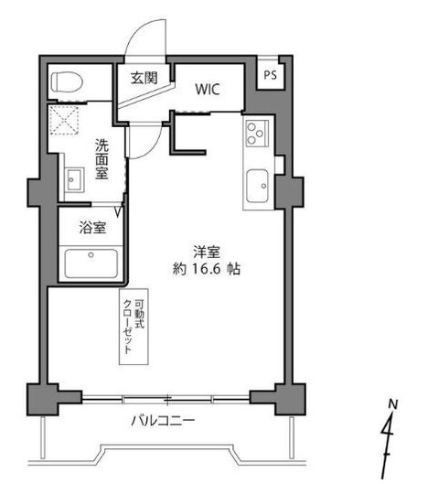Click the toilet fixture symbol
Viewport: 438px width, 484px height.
click(67, 81)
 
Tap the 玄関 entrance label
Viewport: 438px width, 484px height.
click(144, 78)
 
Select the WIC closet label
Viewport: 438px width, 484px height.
click(208, 90)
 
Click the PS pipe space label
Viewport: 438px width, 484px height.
click(270, 75)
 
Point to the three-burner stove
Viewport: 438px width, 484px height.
click(257, 133)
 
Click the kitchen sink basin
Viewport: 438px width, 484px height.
click(257, 186)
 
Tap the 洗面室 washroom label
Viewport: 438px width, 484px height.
click(101, 159)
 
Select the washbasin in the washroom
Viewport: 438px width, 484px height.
click(74, 180)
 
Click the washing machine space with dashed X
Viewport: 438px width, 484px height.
click(64, 120)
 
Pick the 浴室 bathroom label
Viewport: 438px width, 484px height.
click(92, 228)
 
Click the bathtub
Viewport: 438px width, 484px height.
click(91, 264)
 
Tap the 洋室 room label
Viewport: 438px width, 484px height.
click(207, 252)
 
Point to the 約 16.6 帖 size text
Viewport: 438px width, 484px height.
click(207, 269)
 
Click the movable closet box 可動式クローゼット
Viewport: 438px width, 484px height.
click(134, 327)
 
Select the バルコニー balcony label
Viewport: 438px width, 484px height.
click(163, 421)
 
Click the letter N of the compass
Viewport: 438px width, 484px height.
click(392, 404)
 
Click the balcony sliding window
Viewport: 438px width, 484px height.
click(166, 400)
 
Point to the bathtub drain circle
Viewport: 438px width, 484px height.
click(91, 255)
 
